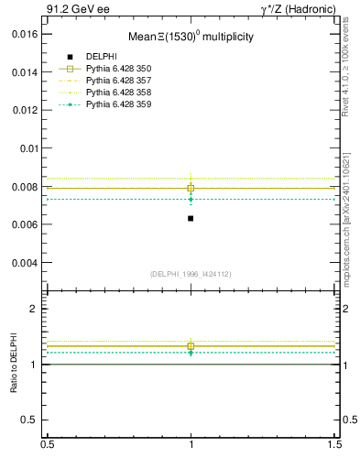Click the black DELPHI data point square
point(191,218)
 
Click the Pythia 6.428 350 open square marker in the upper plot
point(191,188)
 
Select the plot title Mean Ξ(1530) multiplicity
point(191,38)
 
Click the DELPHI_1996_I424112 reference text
point(191,274)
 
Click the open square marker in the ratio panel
point(191,345)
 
